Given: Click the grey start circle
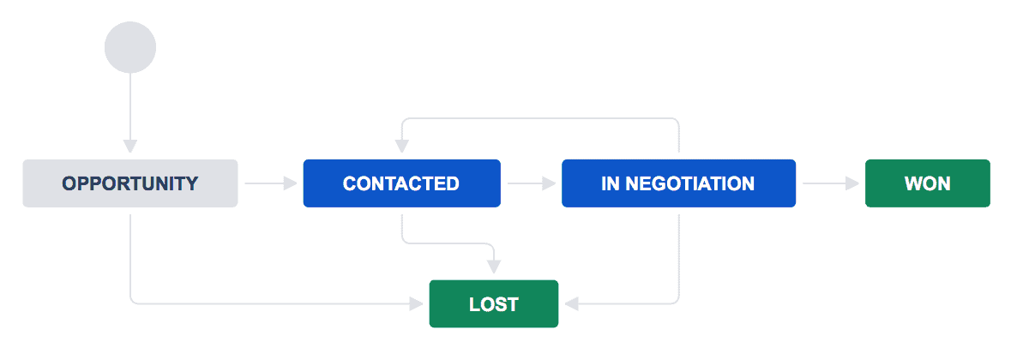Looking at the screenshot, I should [x=130, y=47].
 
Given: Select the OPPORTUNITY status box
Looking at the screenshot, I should [x=130, y=183].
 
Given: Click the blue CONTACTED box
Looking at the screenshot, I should [x=401, y=183].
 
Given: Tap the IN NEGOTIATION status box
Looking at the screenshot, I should [x=678, y=183].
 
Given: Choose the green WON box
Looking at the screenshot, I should [x=927, y=183].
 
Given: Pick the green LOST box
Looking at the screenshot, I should [x=493, y=303].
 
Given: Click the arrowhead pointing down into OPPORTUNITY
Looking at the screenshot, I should [x=130, y=145].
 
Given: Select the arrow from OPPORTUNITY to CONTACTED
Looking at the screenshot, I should [x=270, y=183].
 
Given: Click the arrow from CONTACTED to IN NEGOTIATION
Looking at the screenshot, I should [x=531, y=183].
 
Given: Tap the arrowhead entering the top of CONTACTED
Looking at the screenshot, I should [x=401, y=145].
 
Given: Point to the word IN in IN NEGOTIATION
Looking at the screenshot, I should [x=610, y=183].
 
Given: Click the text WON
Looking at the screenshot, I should [x=927, y=183].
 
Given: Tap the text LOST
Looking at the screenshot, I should [x=493, y=304].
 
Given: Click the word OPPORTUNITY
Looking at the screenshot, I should [x=130, y=183].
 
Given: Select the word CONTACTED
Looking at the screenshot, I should [x=401, y=183].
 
